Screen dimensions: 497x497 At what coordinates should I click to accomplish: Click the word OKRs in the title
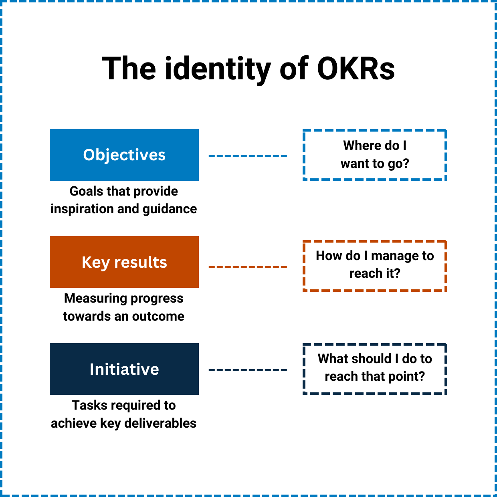pyautogui.click(x=356, y=69)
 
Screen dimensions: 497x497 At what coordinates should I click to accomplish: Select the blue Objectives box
pyautogui.click(x=124, y=155)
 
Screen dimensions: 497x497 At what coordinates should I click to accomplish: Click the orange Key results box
pyautogui.click(x=124, y=262)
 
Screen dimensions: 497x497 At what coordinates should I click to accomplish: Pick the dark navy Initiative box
pyautogui.click(x=124, y=369)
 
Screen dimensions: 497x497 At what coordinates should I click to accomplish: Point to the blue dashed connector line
pyautogui.click(x=248, y=156)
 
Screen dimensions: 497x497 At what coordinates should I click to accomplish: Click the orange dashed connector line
pyautogui.click(x=248, y=267)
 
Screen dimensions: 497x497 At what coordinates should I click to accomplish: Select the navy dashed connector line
pyautogui.click(x=248, y=370)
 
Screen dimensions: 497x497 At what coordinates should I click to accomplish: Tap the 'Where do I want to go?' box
pyautogui.click(x=375, y=155)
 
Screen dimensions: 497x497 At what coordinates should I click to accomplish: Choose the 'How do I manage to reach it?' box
pyautogui.click(x=375, y=265)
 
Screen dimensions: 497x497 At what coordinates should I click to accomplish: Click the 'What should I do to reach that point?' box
pyautogui.click(x=375, y=368)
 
